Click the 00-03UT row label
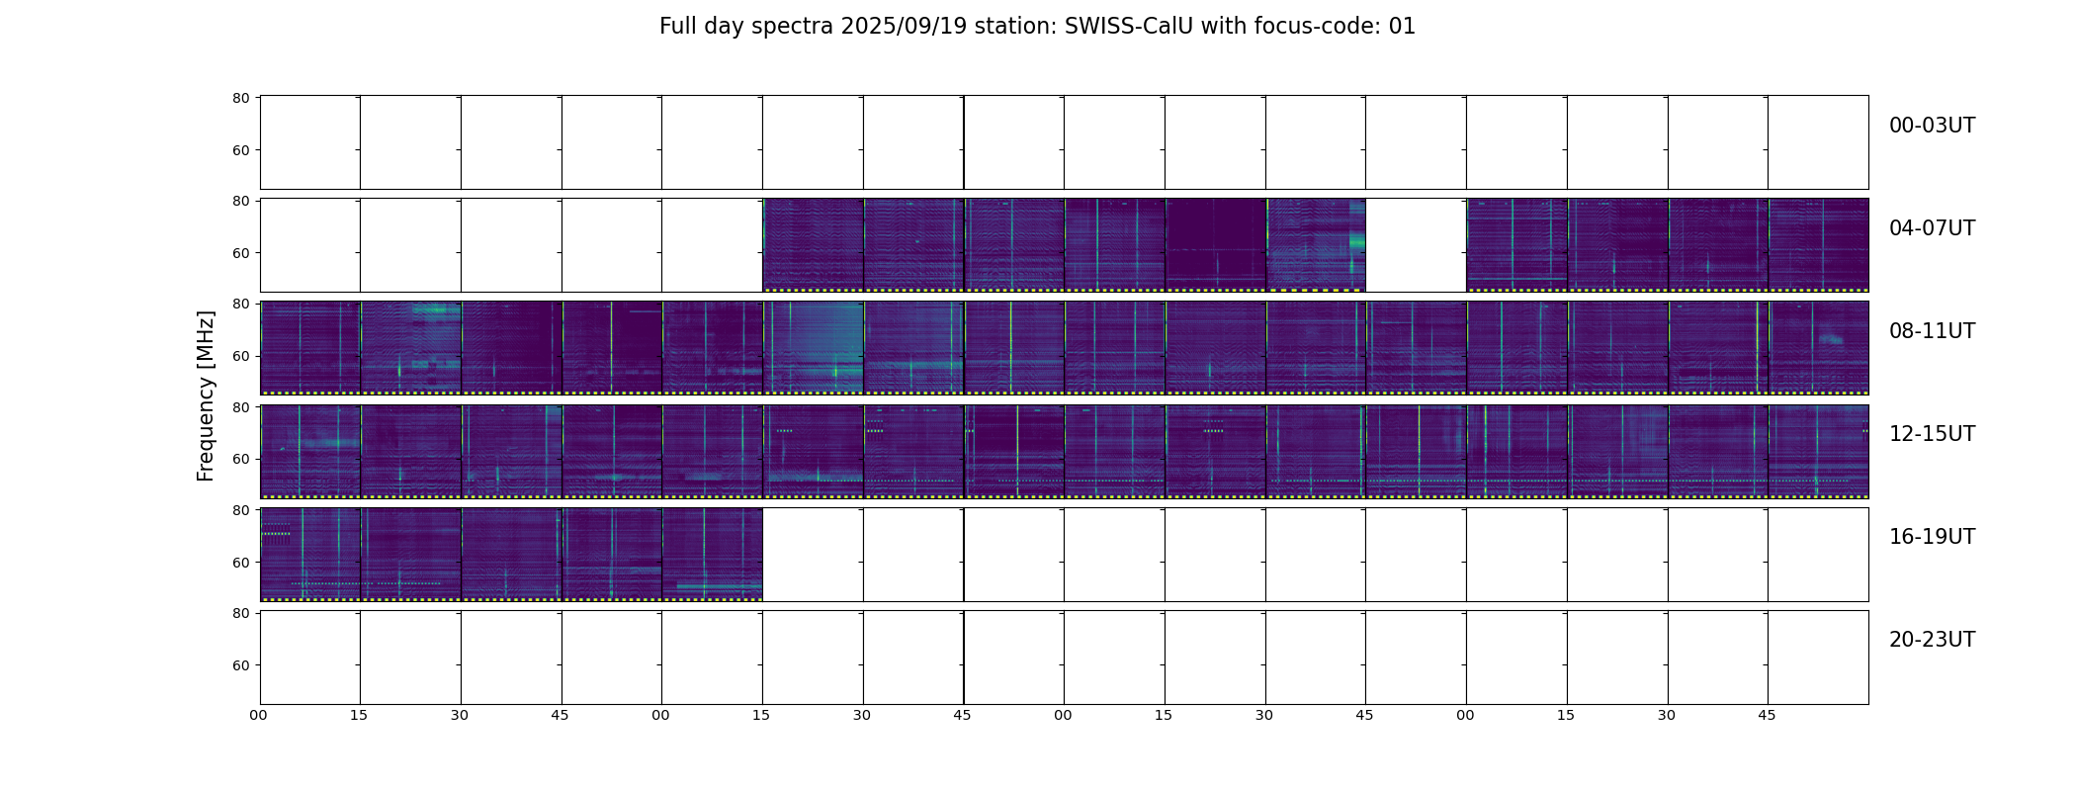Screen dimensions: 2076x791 (1932, 126)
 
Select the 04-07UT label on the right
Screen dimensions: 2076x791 (1932, 228)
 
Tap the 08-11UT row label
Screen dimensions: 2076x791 (1932, 331)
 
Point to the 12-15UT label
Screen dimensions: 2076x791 (1932, 434)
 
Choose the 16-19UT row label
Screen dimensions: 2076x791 (1932, 537)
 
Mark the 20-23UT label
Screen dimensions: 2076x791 (1932, 640)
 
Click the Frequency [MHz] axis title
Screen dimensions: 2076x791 (206, 395)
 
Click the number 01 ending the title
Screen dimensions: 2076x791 (1403, 27)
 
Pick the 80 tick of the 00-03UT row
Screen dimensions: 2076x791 (241, 98)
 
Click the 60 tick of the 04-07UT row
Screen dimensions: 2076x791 (241, 253)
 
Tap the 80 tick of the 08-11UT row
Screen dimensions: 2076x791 (241, 304)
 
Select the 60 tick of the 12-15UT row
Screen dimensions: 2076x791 (241, 459)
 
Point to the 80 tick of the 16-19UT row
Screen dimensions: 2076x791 (241, 510)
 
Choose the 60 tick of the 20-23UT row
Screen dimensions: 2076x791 (241, 665)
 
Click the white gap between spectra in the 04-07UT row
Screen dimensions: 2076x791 (1416, 245)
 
